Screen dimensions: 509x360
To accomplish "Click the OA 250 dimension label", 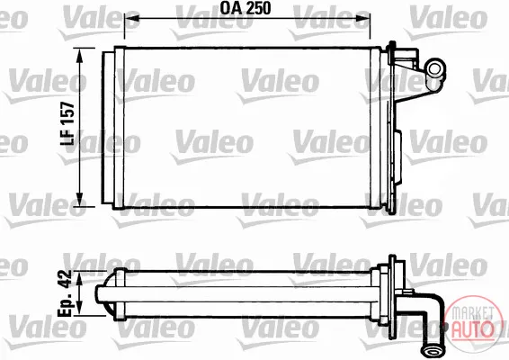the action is click(246, 8).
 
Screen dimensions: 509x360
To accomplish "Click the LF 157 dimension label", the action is click(67, 123).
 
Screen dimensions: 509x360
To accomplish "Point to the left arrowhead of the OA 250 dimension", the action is click(131, 19).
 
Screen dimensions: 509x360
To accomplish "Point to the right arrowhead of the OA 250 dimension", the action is click(363, 19).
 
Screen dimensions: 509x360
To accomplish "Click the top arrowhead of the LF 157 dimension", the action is click(79, 55).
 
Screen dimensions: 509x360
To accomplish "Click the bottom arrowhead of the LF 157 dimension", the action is click(79, 199).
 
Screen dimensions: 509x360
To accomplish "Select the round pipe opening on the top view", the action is click(434, 68).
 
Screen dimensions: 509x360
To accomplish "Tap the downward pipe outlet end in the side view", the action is click(431, 350).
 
